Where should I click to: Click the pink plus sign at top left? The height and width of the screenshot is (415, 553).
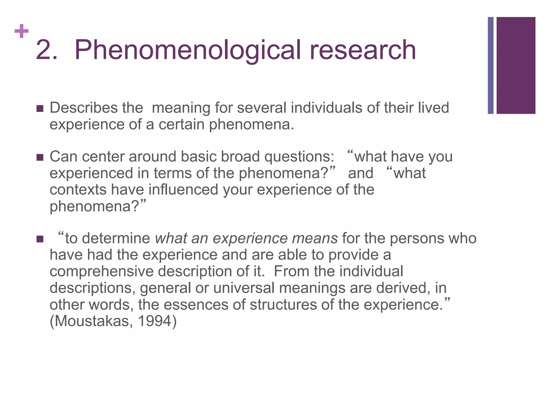coord(22,31)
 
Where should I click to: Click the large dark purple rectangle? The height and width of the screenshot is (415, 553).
coord(516,65)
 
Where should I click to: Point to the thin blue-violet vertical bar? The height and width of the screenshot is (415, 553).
coord(491,65)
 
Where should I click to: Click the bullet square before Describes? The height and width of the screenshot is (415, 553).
coord(40,109)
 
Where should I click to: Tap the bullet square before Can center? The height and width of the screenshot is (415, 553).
coord(40,157)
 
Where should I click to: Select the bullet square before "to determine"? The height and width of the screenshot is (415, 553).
coord(40,239)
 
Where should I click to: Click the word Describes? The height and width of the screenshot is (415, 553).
coord(83,108)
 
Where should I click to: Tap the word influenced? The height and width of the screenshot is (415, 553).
coord(183,190)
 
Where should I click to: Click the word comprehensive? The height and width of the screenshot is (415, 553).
coord(101,272)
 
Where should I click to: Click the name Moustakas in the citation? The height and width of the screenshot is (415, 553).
coord(92,321)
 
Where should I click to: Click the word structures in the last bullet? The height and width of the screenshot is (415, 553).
coord(283,305)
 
